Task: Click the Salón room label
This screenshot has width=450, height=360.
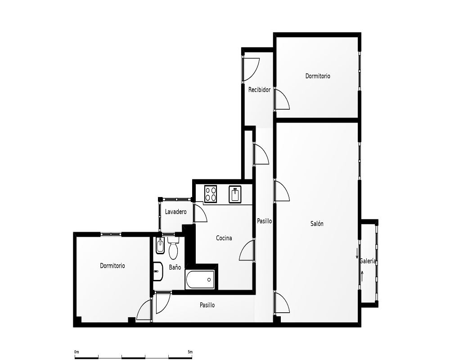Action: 317,224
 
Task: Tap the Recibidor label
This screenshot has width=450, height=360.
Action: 260,90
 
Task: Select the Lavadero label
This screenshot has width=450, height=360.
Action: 175,212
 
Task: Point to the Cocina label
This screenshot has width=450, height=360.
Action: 224,238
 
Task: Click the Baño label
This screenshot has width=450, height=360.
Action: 175,267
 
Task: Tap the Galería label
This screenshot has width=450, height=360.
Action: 368,261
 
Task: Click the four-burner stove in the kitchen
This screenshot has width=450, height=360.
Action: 210,194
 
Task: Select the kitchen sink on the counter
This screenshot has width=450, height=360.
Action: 235,194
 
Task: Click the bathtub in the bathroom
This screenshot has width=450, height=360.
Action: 200,279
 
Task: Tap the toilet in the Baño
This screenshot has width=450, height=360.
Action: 173,248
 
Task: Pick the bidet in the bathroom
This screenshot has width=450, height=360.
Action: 160,246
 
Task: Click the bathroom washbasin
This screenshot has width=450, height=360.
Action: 158,271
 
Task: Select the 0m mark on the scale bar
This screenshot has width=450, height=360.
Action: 76,352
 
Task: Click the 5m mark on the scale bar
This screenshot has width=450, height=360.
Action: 190,352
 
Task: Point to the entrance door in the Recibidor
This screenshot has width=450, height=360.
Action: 251,70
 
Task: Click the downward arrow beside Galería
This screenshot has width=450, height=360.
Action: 357,253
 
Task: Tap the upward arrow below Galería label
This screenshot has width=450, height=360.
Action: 362,276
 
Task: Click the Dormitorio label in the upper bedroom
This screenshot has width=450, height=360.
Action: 318,76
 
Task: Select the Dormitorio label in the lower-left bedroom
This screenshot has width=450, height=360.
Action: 112,266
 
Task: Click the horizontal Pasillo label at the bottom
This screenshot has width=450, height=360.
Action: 207,305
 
